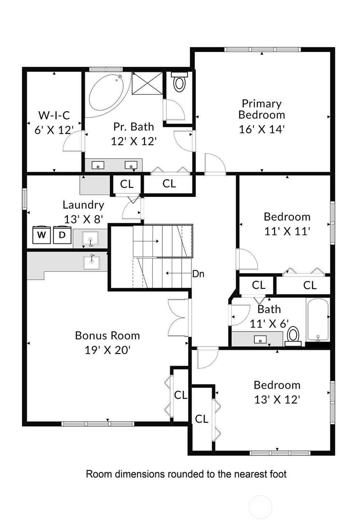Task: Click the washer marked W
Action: tap(41, 234)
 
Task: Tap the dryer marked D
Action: tap(62, 234)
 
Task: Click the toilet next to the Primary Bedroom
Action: tap(179, 82)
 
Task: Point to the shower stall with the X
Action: tap(147, 83)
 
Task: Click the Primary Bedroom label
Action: tap(262, 109)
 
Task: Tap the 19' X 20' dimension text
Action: tap(107, 350)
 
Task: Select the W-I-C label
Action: tap(54, 115)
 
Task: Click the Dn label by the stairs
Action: tap(198, 274)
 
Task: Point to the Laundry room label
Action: tap(83, 205)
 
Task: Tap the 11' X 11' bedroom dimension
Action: tap(287, 231)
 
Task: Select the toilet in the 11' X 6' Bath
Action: tap(293, 336)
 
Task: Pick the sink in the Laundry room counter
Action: tap(90, 238)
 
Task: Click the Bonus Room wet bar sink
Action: tap(92, 262)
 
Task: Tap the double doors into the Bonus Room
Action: tap(178, 318)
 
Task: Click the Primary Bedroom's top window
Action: tap(262, 49)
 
